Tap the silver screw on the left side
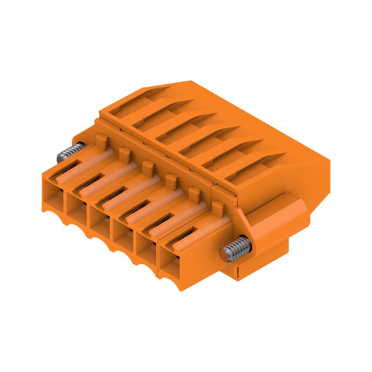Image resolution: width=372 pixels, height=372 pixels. pos(70,152)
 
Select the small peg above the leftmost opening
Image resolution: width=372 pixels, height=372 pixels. pos(102,140)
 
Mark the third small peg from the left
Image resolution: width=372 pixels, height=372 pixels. pos(147,166)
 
